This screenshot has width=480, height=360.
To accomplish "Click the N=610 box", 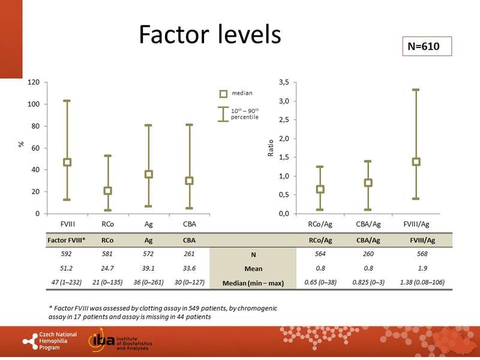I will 425,46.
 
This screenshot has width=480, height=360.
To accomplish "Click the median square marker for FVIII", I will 67,162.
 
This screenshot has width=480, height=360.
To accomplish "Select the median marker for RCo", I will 107,191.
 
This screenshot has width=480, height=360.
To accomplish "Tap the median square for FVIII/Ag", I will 416,161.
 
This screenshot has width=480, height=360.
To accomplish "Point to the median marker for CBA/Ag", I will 368,182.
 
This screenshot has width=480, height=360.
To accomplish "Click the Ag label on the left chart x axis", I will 148,224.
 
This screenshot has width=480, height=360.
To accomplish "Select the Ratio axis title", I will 269,148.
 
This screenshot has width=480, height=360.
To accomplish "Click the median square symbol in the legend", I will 223,94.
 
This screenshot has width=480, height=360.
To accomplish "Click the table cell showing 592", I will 67,253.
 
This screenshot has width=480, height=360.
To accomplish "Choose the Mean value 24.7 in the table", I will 107,268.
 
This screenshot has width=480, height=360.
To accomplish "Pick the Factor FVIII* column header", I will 67,239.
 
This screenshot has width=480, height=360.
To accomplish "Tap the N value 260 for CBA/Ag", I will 367,253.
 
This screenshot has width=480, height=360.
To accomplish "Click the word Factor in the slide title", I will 174,35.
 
